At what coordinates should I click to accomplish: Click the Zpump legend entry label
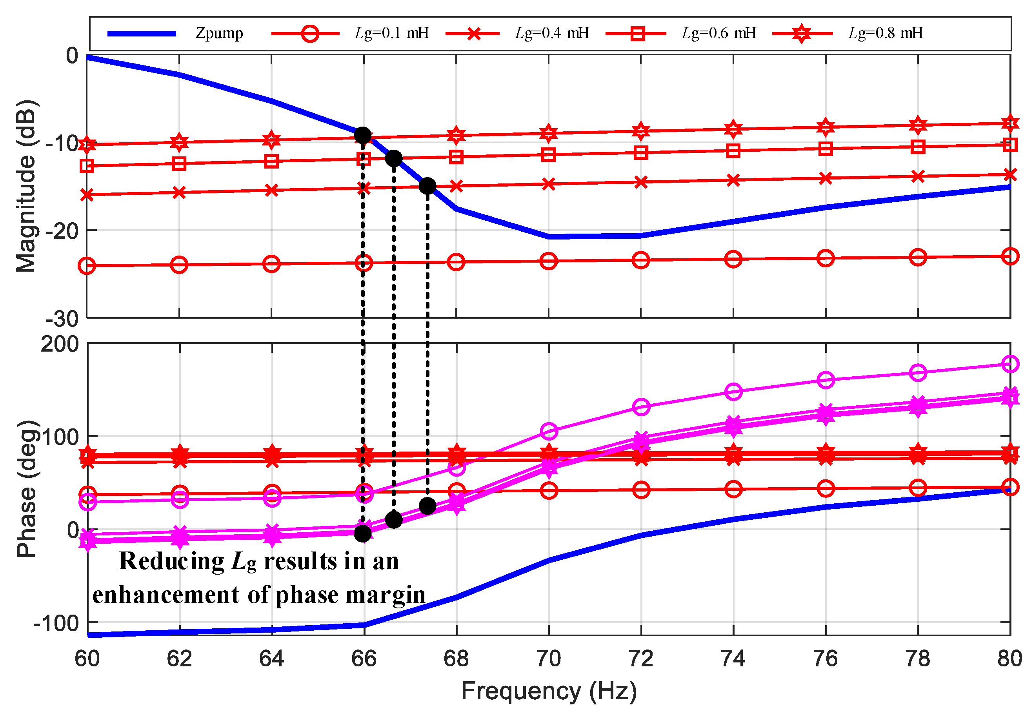(218, 33)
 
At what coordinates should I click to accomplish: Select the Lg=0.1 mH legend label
(391, 33)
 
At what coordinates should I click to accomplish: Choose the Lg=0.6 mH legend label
(718, 33)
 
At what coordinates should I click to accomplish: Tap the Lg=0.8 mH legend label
(885, 33)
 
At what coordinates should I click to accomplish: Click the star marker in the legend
(802, 33)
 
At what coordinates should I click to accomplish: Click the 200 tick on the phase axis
(60, 345)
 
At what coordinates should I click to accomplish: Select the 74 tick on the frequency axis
(733, 659)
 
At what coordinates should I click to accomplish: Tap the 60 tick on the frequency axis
(87, 659)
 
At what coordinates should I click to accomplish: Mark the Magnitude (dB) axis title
(25, 186)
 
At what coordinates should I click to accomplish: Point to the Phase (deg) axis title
(25, 489)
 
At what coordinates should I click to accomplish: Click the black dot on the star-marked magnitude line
(362, 135)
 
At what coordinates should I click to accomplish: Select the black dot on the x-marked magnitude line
(427, 186)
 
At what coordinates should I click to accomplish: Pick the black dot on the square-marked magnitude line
(393, 158)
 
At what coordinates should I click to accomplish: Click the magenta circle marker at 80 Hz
(1010, 364)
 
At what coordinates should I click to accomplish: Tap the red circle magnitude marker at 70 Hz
(548, 261)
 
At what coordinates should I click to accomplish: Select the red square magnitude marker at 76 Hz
(825, 149)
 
